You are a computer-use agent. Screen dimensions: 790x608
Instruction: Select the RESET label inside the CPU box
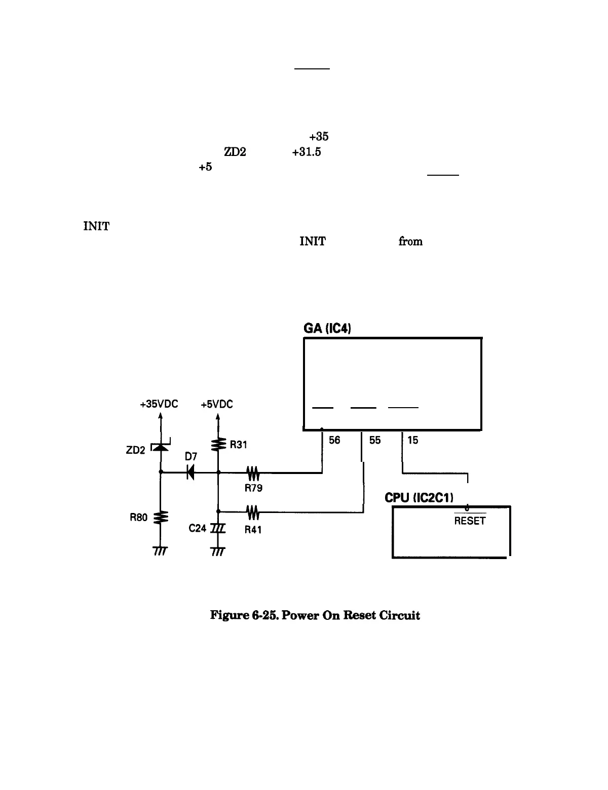(x=470, y=521)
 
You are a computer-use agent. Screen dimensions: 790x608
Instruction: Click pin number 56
(x=334, y=441)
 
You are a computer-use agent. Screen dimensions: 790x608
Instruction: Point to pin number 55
(x=375, y=441)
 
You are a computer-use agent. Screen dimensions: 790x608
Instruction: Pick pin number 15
(x=413, y=441)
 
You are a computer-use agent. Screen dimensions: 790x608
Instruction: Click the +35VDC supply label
(x=159, y=405)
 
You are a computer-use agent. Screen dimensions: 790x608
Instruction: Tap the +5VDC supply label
(x=216, y=405)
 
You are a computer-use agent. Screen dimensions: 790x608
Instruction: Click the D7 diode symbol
(x=191, y=472)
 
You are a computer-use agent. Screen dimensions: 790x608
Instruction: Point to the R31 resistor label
(x=238, y=445)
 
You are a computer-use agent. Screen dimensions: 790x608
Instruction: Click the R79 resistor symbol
(x=253, y=474)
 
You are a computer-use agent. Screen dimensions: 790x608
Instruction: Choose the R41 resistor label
(x=253, y=530)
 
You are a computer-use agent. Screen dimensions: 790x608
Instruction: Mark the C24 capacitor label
(x=197, y=528)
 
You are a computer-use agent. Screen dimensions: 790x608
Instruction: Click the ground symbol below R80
(x=161, y=550)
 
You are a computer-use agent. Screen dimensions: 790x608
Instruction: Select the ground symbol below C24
(x=218, y=550)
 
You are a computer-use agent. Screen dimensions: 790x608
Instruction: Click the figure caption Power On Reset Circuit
(x=315, y=615)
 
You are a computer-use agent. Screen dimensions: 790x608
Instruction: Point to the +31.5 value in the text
(x=306, y=152)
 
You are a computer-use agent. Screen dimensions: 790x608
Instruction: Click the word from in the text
(x=410, y=241)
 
